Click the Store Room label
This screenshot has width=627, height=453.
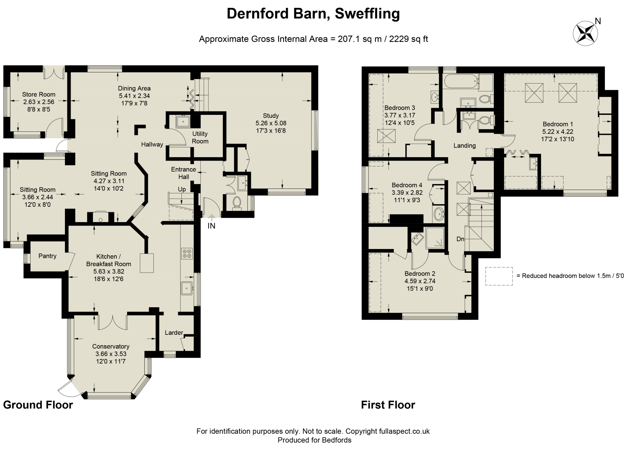click(39, 95)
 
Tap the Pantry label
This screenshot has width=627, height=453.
click(47, 256)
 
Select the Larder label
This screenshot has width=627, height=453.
click(174, 333)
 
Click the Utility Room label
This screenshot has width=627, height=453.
click(200, 138)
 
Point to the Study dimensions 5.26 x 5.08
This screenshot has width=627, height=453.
click(271, 123)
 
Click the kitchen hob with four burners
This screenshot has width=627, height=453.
click(187, 253)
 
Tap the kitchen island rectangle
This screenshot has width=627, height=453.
click(147, 263)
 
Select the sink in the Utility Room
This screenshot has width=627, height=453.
click(183, 122)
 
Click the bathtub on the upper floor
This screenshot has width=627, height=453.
click(460, 81)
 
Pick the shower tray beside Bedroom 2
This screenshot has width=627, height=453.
click(435, 238)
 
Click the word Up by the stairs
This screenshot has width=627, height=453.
click(182, 189)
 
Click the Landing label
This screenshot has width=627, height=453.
click(464, 146)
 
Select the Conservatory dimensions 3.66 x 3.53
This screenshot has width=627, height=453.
click(111, 354)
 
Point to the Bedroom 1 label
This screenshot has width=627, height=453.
click(558, 124)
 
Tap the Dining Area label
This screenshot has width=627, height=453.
click(134, 88)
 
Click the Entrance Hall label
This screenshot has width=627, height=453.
click(183, 173)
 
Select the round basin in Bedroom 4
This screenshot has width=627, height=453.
click(438, 213)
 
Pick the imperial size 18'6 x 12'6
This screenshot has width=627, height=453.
click(108, 279)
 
